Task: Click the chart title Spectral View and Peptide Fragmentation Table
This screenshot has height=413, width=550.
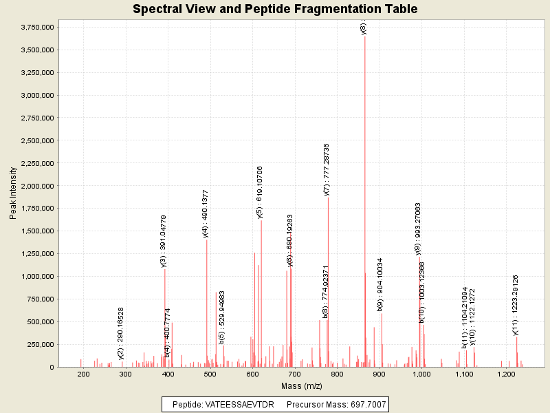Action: click(x=275, y=9)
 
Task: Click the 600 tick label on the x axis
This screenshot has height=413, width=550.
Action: click(x=252, y=374)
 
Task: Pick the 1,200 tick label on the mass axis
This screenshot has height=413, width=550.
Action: click(x=506, y=374)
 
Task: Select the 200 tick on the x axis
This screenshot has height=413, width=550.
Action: click(x=84, y=374)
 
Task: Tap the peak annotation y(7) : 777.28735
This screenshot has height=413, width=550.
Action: click(x=327, y=169)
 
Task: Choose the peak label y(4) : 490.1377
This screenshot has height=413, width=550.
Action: click(x=206, y=213)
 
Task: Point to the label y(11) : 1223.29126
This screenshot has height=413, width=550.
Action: click(x=516, y=305)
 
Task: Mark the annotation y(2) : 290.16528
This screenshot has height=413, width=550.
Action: click(x=121, y=333)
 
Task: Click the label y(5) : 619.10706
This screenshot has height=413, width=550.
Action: click(x=260, y=193)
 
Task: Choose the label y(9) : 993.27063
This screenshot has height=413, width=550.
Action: click(x=418, y=229)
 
